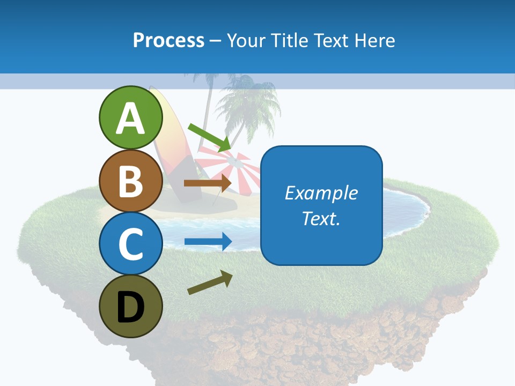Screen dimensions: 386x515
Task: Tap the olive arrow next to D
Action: [x=210, y=283]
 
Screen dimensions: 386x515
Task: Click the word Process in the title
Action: [x=168, y=40]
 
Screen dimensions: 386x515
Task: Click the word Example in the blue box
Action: [x=321, y=193]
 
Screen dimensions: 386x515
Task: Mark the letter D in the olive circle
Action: [x=130, y=308]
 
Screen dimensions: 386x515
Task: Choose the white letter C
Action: [x=130, y=244]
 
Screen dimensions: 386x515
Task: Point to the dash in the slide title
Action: [x=216, y=41]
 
